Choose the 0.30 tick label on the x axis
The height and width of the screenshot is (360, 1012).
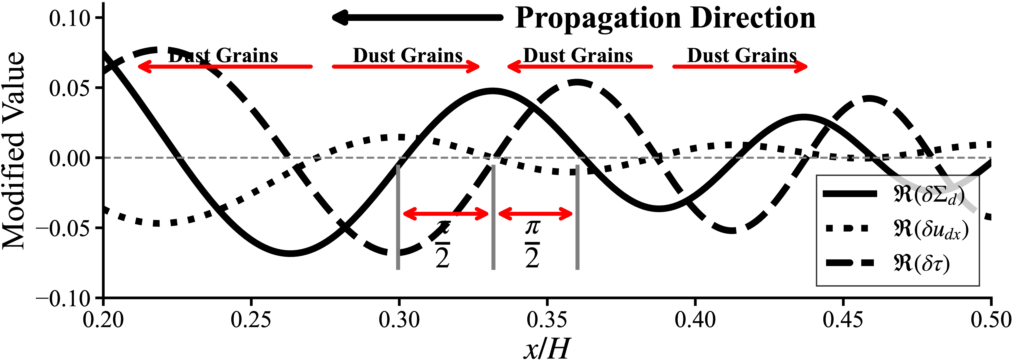point(399,319)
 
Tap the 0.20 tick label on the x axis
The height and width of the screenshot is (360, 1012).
point(103,319)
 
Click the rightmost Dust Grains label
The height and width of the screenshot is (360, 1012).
point(742,55)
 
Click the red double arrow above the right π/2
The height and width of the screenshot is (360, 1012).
point(535,214)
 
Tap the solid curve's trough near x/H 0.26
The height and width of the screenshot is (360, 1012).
point(290,253)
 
